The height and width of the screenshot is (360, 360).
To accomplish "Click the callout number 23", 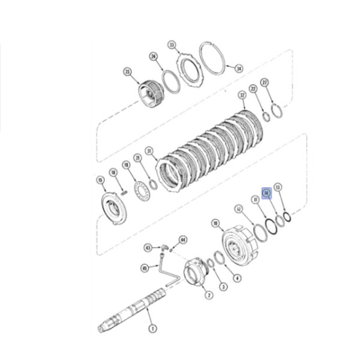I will (127, 72).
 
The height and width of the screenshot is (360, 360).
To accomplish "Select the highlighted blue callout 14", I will (268, 192).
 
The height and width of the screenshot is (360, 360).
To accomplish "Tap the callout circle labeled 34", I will (239, 68).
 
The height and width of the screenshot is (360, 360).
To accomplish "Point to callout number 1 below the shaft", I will (152, 328).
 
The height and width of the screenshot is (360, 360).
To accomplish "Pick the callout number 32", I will (242, 95).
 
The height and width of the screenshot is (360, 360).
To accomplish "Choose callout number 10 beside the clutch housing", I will (215, 223).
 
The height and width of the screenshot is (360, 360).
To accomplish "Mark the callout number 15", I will (100, 179).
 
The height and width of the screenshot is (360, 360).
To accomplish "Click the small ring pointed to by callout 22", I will (265, 115).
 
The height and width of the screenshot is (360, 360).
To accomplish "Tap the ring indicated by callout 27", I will (277, 112).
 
